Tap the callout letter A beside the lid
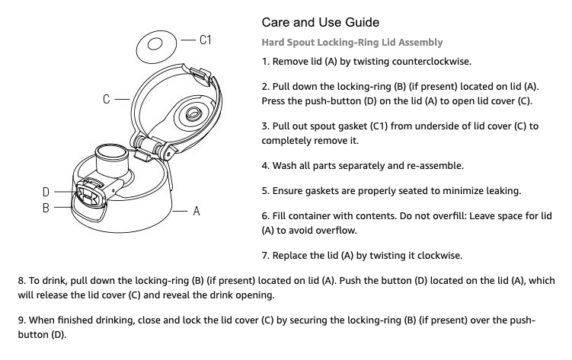pos(196,211)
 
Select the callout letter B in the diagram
pos(46,207)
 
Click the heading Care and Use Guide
pos(319,21)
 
